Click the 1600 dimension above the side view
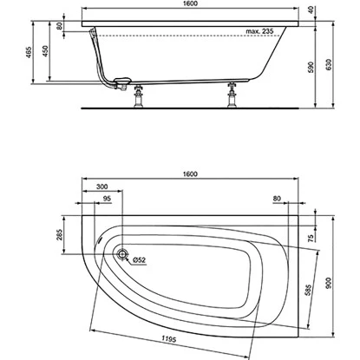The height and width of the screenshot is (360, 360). [190, 3]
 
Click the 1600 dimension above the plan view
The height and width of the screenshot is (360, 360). [190, 173]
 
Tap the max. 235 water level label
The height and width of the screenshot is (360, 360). [259, 31]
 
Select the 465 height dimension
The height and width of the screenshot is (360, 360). [29, 52]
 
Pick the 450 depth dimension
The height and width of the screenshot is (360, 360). [45, 51]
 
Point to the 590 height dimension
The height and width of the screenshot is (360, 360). [311, 67]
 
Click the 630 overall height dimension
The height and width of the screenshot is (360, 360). [329, 65]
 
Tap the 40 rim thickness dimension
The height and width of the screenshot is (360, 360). [311, 10]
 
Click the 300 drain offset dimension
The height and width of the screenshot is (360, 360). [101, 187]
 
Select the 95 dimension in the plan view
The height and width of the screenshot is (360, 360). [107, 199]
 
